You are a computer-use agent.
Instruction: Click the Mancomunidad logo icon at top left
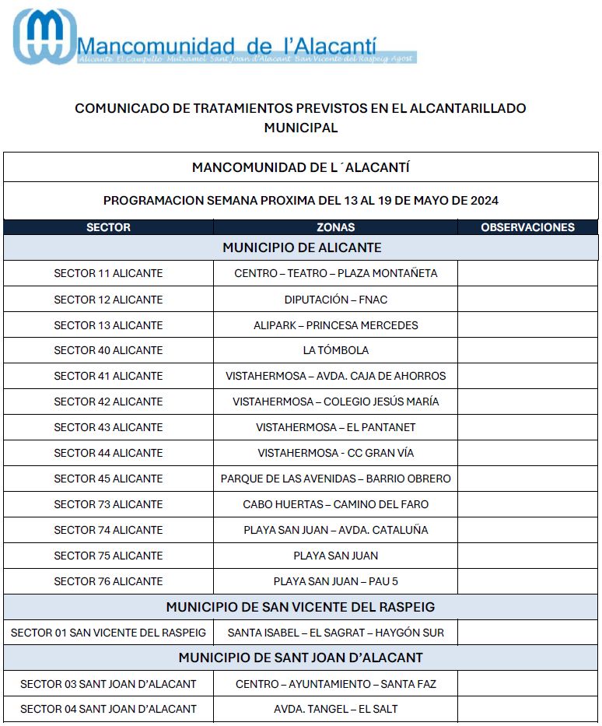click(44, 37)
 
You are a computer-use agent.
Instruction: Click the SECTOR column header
click(108, 227)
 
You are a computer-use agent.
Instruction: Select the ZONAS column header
click(335, 227)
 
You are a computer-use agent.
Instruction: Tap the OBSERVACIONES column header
click(527, 227)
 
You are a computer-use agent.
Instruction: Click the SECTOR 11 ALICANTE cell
click(108, 273)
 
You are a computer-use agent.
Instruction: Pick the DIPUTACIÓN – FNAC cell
click(335, 300)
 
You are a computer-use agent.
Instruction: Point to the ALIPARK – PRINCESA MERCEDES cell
click(335, 325)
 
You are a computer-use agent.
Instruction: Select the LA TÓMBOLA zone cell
click(335, 350)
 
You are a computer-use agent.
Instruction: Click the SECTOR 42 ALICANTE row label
click(108, 402)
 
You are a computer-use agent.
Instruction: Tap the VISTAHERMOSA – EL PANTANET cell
click(335, 427)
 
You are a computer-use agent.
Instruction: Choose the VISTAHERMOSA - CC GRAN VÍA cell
click(335, 453)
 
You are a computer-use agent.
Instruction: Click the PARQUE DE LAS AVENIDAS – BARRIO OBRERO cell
click(335, 479)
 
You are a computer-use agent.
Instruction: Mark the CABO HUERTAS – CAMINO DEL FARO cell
click(335, 504)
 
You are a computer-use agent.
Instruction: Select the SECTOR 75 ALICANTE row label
click(108, 556)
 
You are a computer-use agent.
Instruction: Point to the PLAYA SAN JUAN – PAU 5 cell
click(335, 581)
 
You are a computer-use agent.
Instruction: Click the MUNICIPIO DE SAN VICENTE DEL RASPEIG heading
click(300, 607)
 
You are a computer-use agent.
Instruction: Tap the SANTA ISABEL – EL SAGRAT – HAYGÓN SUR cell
click(335, 633)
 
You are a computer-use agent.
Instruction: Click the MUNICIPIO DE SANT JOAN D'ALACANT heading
click(300, 658)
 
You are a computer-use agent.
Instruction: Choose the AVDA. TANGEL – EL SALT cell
click(335, 709)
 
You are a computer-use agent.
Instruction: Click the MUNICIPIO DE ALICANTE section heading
click(301, 247)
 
